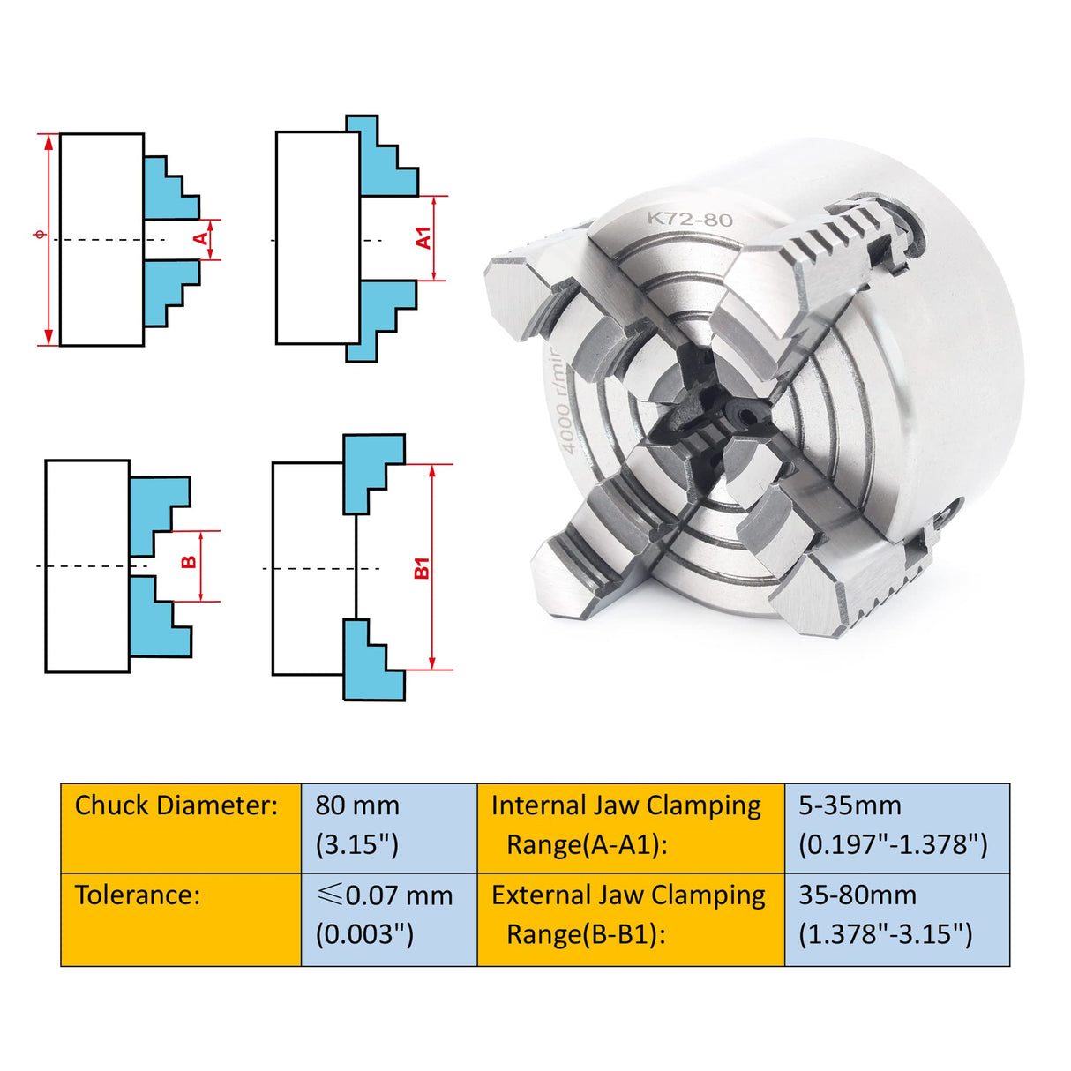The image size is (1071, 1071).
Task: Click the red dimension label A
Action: tap(202, 239)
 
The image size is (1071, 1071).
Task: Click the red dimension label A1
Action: tap(423, 238)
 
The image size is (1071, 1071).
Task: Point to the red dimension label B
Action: tap(189, 563)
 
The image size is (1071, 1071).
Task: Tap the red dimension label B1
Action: tap(422, 567)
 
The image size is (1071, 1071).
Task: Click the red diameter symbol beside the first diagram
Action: tap(37, 235)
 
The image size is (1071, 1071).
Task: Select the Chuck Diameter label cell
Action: tap(181, 828)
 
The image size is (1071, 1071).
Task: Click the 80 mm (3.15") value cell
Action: tap(388, 828)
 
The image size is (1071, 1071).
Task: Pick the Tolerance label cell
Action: tap(181, 918)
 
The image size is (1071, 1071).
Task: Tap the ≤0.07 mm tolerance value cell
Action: tap(388, 918)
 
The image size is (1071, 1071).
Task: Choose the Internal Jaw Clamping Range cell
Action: tap(630, 828)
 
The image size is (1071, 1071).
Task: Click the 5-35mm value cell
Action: tap(895, 828)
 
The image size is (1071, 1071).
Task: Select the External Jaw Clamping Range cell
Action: tap(630, 918)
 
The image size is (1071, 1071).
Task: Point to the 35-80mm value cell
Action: tap(895, 918)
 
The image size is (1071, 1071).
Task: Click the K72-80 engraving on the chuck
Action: tap(689, 219)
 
